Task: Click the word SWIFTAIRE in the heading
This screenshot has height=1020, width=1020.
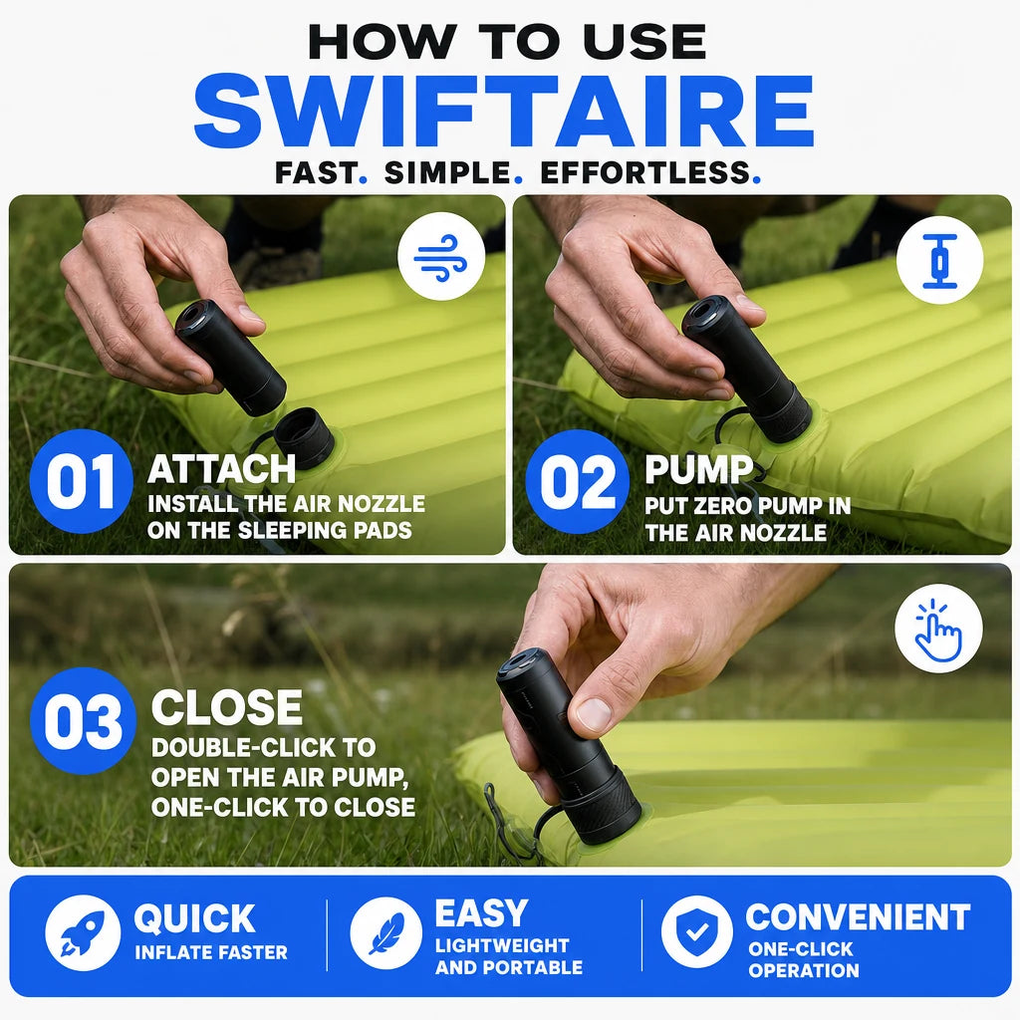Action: click(x=504, y=111)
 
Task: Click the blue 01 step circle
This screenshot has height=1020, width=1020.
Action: click(x=82, y=481)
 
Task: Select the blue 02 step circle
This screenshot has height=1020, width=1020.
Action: click(x=578, y=482)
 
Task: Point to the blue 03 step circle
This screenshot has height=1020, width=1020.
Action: click(x=83, y=721)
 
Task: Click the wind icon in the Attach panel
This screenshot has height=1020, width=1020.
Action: click(x=441, y=257)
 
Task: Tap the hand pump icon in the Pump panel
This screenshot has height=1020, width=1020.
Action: click(x=940, y=261)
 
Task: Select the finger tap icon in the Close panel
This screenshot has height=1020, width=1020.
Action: click(x=938, y=628)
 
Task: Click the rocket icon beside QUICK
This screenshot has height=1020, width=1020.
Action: click(x=83, y=932)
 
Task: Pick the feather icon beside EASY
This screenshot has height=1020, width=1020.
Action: click(x=386, y=932)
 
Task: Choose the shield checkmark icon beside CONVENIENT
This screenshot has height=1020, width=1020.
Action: click(x=696, y=931)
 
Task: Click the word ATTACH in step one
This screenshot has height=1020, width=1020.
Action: click(x=222, y=469)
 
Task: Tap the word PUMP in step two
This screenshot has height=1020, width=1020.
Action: click(x=698, y=469)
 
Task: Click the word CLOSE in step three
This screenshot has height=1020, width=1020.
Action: click(x=227, y=707)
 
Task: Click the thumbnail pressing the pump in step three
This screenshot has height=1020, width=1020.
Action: click(x=594, y=713)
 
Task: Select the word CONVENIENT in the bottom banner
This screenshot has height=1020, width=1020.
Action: click(x=858, y=917)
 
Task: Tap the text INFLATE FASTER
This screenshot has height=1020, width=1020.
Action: click(x=211, y=952)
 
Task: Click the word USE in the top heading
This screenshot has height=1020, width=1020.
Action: click(x=644, y=42)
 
